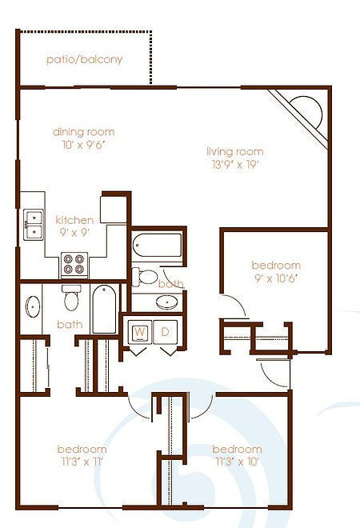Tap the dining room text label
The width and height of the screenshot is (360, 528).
tap(83, 132)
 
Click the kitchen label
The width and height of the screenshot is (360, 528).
tap(74, 220)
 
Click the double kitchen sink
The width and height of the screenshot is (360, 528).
tap(33, 224)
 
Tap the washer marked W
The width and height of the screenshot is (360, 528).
tap(140, 332)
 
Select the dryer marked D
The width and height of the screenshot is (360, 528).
tap(166, 332)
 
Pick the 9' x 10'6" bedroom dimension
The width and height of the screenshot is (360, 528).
tap(276, 278)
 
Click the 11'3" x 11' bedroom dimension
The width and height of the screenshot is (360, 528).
tap(82, 462)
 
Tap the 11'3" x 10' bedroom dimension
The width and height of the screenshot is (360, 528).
tap(238, 462)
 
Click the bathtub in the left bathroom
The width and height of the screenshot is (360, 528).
tap(105, 310)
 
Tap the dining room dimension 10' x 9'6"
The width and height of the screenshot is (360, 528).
tap(83, 145)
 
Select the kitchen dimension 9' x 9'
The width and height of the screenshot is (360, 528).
tap(74, 234)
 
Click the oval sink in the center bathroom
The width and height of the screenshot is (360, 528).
tap(167, 302)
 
